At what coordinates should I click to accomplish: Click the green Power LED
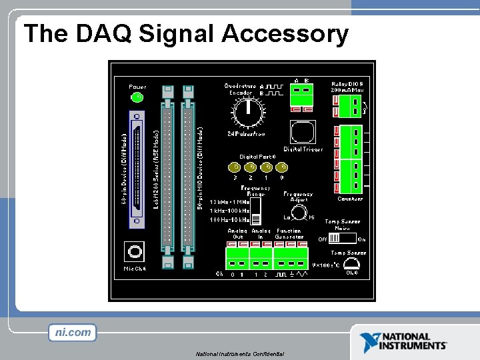coord(138,97)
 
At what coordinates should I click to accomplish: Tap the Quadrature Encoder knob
coord(247,111)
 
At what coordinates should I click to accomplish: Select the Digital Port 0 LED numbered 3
coord(235,167)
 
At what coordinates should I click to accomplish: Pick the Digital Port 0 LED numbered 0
coord(283,167)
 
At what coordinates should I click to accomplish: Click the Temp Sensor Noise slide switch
coord(343,238)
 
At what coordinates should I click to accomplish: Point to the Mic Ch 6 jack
coord(135,252)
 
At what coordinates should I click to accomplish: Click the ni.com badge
coord(73,332)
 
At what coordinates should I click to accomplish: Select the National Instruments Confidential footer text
coord(240,353)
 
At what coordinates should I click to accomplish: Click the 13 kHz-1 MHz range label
coord(229,202)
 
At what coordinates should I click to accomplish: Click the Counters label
coord(350,199)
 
